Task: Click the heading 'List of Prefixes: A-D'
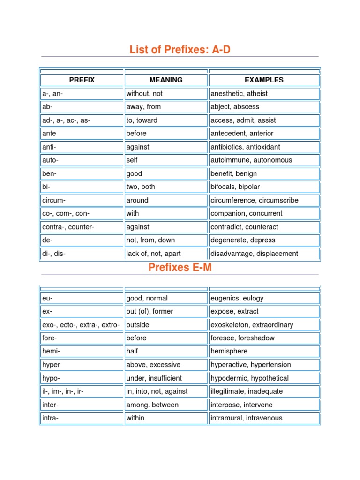click(180, 49)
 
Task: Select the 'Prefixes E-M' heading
click(180, 268)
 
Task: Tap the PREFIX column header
click(82, 80)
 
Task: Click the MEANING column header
click(166, 80)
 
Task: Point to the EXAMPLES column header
click(264, 80)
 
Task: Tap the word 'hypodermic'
click(229, 378)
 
